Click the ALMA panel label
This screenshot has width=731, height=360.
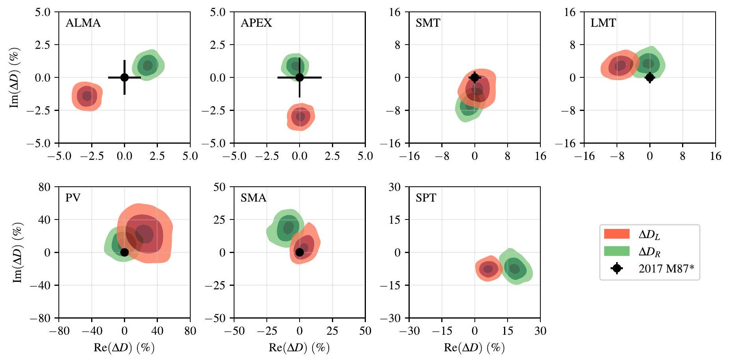pos(83,23)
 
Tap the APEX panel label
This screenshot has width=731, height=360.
pos(256,23)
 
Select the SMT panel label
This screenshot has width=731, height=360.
pos(427,23)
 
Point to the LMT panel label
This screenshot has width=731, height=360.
pos(603,23)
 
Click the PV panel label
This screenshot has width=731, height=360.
pos(73,198)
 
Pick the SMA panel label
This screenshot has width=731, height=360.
pos(253,198)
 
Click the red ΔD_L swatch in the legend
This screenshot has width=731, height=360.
pos(617,234)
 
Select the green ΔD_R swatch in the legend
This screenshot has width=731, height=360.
pos(617,251)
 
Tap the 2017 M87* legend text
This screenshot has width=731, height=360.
pos(666,269)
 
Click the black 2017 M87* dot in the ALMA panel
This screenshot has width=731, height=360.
pos(124,77)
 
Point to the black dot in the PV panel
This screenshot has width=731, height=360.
pos(124,252)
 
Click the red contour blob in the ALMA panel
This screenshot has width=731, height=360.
pos(87,96)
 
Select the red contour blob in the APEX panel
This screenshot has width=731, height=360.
pos(301,116)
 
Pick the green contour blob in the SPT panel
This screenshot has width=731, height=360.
pos(515,268)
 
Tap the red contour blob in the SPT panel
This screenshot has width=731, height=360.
pos(489,269)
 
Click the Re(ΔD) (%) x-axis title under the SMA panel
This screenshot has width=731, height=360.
pos(299,348)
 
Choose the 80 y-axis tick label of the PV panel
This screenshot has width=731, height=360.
pos(45,187)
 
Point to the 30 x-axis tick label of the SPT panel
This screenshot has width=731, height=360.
pos(540,331)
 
